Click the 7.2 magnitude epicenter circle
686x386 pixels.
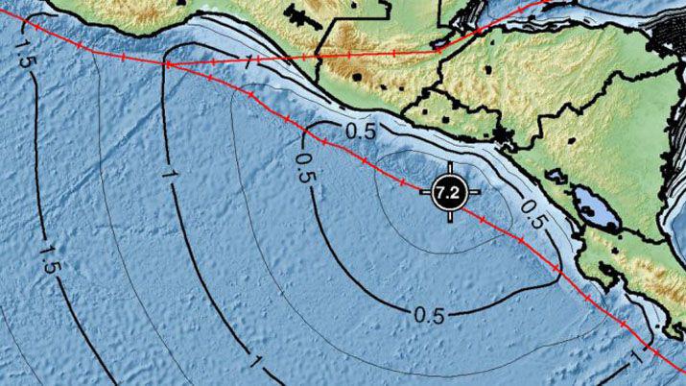pyautogui.click(x=448, y=193)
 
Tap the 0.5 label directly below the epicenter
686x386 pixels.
pyautogui.click(x=430, y=315)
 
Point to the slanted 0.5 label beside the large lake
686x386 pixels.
pyautogui.click(x=534, y=214)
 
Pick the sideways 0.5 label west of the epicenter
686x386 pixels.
pyautogui.click(x=304, y=168)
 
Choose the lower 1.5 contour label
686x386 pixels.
pyautogui.click(x=50, y=263)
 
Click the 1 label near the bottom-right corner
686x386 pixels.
pyautogui.click(x=634, y=356)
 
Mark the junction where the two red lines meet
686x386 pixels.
pyautogui.click(x=166, y=64)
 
